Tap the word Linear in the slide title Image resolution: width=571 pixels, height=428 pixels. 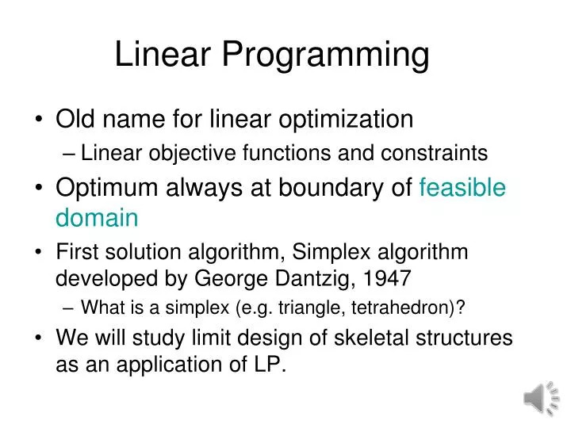pyautogui.click(x=163, y=55)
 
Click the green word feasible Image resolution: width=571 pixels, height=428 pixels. pyautogui.click(x=462, y=188)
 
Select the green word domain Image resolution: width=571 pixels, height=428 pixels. pyautogui.click(x=97, y=217)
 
